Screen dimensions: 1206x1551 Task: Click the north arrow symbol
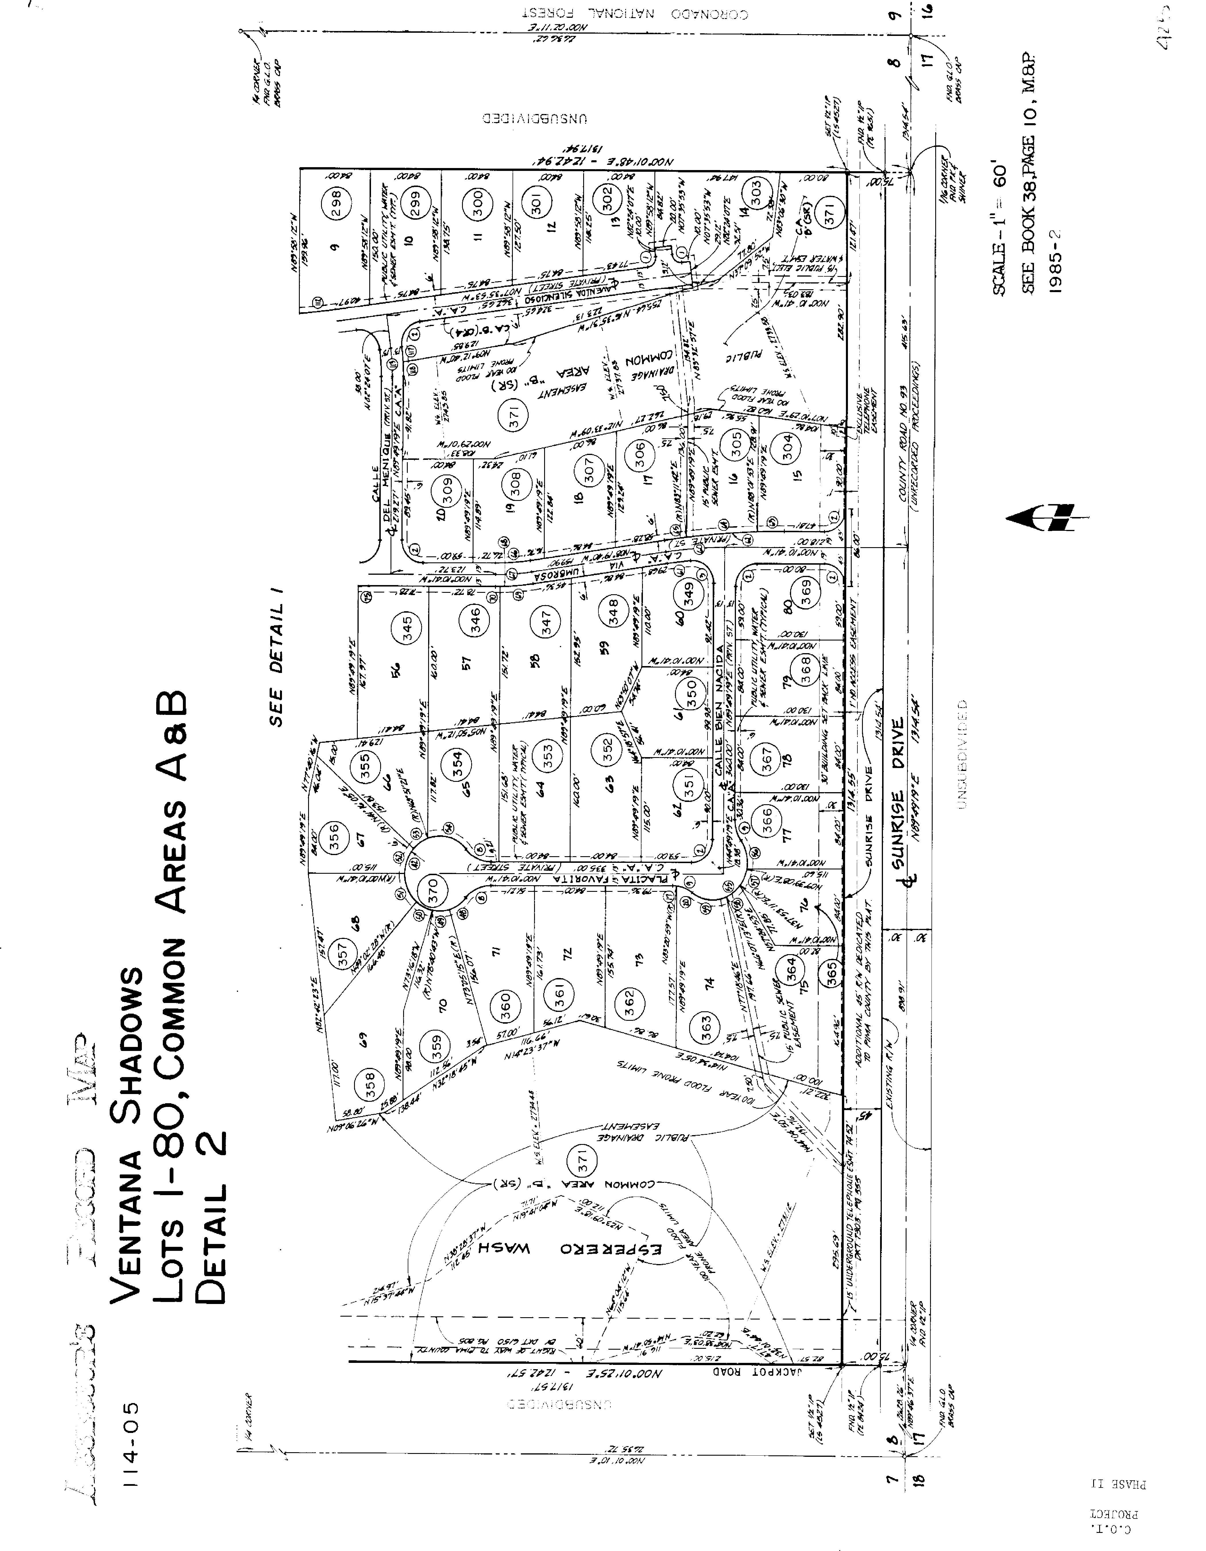(x=1045, y=519)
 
